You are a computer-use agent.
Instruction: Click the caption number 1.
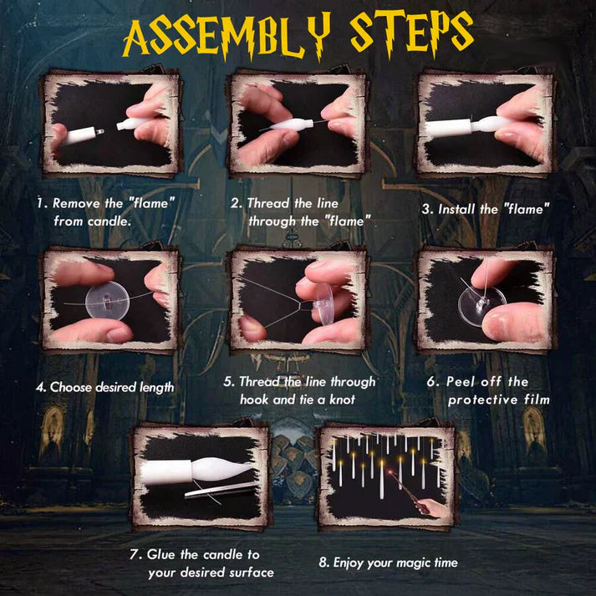point(40,203)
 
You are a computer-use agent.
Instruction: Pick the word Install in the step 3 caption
point(476,209)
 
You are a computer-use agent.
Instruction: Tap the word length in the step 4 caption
point(155,387)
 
